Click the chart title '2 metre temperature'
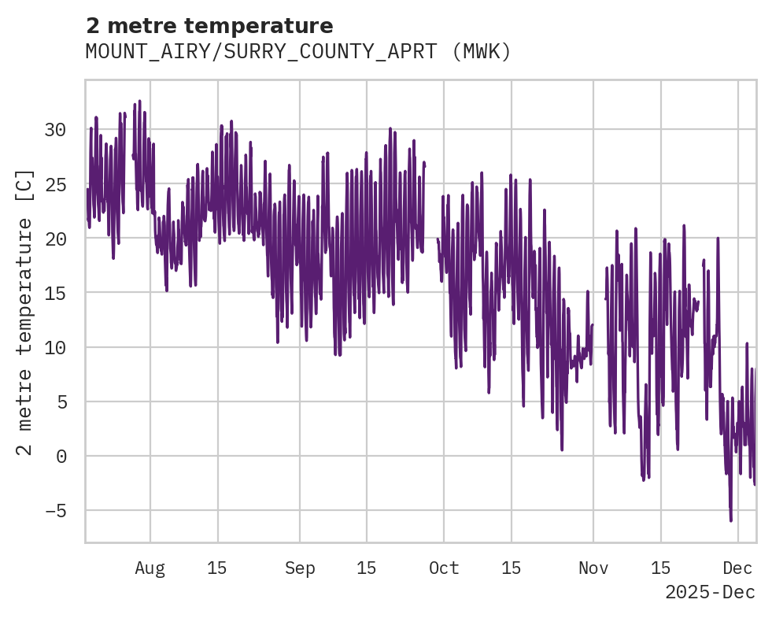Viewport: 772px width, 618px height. click(x=209, y=26)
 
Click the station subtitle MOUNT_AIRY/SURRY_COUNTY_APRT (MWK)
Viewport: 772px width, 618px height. click(x=298, y=52)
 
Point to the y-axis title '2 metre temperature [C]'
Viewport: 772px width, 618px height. click(x=25, y=312)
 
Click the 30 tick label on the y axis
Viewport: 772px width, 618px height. click(x=54, y=130)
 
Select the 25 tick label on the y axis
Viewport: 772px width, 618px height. click(x=54, y=184)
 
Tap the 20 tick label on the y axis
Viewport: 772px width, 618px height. click(x=54, y=239)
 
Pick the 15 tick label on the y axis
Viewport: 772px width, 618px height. click(x=54, y=293)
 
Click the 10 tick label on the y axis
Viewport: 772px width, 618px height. click(x=54, y=347)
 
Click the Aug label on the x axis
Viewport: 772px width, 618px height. click(x=150, y=568)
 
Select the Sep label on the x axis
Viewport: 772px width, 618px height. click(x=300, y=568)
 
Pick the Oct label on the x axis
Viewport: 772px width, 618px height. click(x=444, y=568)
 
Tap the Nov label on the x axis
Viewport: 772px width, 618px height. click(x=593, y=568)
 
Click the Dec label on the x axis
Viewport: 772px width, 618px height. click(x=738, y=568)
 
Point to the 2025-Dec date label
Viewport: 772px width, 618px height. click(x=710, y=592)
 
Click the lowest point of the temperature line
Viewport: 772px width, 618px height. click(x=730, y=520)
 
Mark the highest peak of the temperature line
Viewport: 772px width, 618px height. click(x=139, y=101)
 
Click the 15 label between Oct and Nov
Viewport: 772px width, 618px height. click(x=511, y=568)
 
